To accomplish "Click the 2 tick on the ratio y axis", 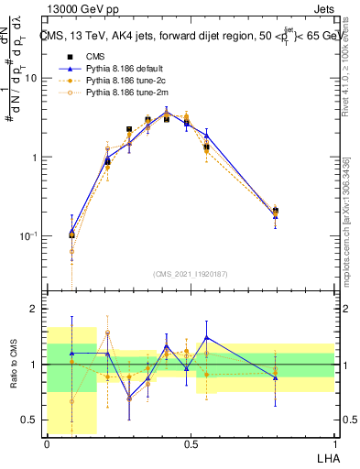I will coord(35,310).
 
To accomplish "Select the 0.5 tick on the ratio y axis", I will coord(29,420).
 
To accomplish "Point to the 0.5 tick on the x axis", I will coord(190,444).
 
